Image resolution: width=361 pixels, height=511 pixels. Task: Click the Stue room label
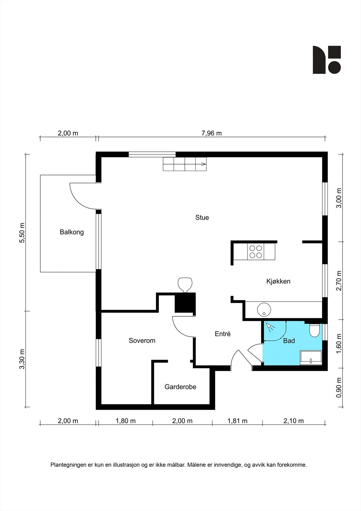(202, 217)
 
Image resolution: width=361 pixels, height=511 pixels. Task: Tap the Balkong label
(71, 232)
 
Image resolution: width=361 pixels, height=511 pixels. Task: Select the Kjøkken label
(278, 281)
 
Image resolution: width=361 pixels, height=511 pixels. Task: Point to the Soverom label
(142, 340)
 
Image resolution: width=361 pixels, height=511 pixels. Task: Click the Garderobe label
(180, 387)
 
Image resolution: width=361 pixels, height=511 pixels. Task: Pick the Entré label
(222, 334)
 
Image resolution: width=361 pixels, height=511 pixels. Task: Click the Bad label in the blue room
(289, 341)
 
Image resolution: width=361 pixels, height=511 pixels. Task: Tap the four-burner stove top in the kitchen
(256, 251)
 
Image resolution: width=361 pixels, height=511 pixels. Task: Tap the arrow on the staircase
(203, 164)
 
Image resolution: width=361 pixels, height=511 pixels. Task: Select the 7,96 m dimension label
(211, 133)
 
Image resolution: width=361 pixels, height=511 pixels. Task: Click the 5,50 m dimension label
(22, 233)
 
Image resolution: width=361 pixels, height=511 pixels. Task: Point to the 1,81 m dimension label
(237, 421)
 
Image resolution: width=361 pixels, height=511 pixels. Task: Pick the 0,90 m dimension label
(339, 388)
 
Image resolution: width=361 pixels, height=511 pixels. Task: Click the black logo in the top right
(327, 60)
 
